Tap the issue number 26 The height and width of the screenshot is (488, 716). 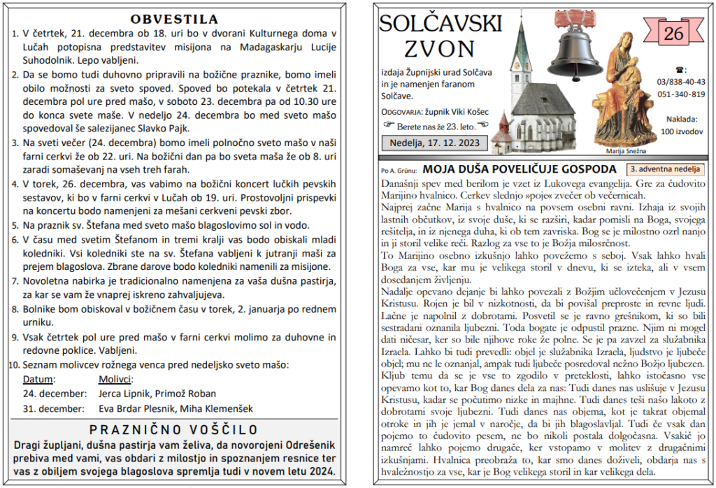673,33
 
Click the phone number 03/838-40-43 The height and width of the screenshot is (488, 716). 681,82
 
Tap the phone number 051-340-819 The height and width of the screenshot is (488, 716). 681,94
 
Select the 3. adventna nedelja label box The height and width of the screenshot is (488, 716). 665,169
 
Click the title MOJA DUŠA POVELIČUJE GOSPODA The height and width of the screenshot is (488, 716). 520,169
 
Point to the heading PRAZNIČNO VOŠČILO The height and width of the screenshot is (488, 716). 174,429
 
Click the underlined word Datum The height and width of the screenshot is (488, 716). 38,380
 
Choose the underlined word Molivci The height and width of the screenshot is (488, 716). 115,380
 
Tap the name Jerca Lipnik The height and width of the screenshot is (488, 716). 124,394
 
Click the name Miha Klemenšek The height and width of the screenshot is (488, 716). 220,409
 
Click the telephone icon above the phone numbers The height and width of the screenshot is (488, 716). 681,69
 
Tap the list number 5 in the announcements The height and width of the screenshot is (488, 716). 16,225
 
